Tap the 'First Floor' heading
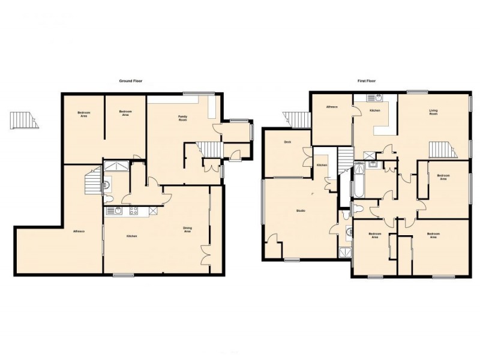[x=366, y=80]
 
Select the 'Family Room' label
[x=183, y=118]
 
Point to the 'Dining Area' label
[x=187, y=229]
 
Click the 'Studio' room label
[x=301, y=211]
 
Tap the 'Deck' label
[x=288, y=142]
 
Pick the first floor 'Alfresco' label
[x=332, y=107]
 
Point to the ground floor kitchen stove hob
[x=134, y=211]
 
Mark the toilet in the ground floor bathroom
[x=108, y=197]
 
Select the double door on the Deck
[x=308, y=157]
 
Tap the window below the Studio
[x=292, y=260]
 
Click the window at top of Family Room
[x=199, y=92]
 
